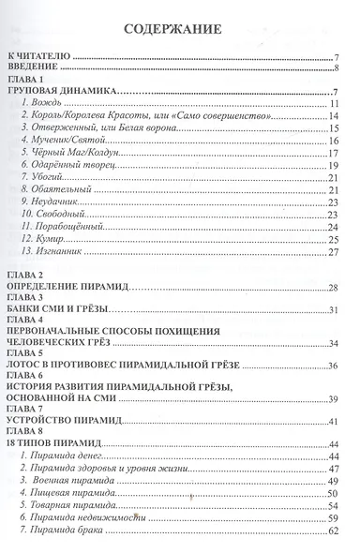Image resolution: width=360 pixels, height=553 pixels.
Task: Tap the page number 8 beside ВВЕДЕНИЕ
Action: tap(335, 69)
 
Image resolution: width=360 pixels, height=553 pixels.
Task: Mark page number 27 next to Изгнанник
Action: tap(333, 251)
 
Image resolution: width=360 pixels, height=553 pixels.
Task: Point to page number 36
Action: tap(333, 364)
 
